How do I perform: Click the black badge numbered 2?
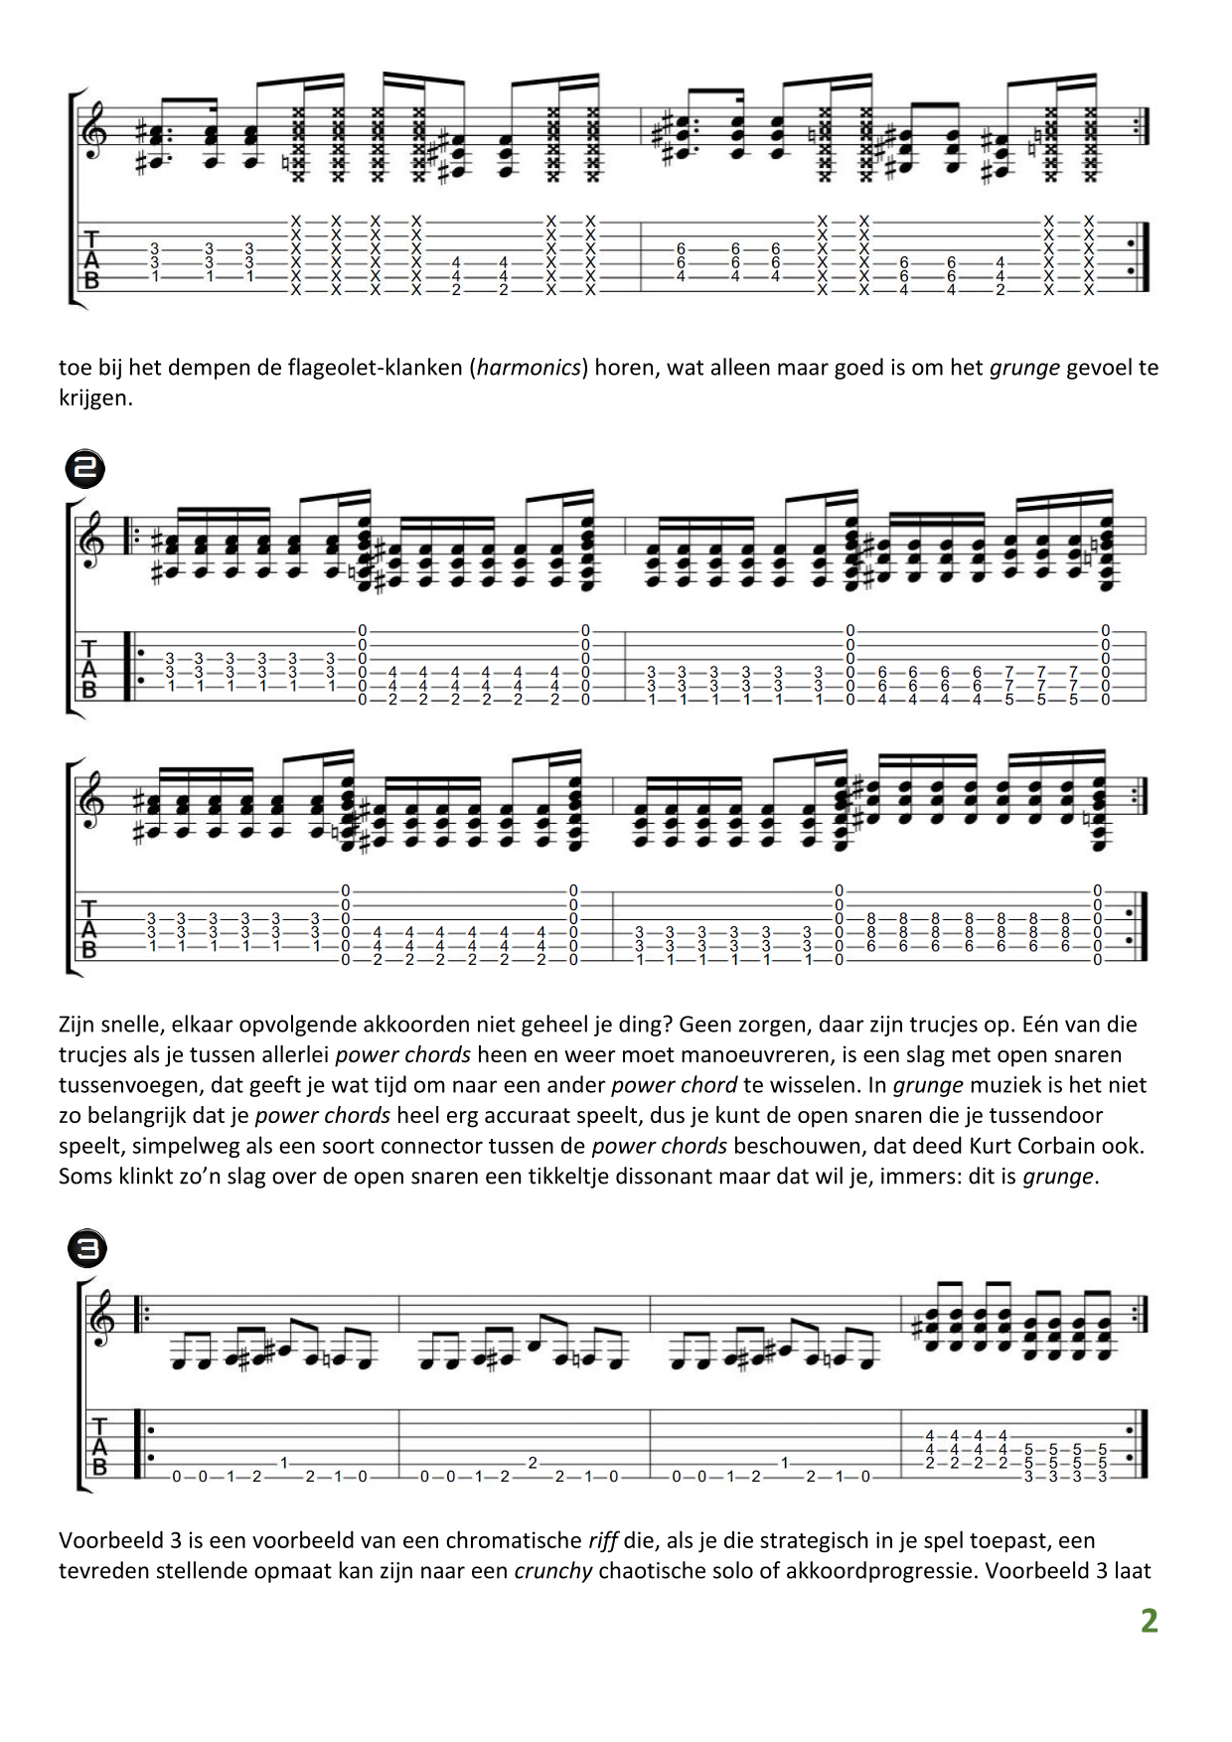pos(85,468)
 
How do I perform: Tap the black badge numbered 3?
pos(87,1249)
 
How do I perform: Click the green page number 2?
pos(1149,1621)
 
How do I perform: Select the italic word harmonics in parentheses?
pos(529,368)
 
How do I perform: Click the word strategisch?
pos(838,1541)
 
